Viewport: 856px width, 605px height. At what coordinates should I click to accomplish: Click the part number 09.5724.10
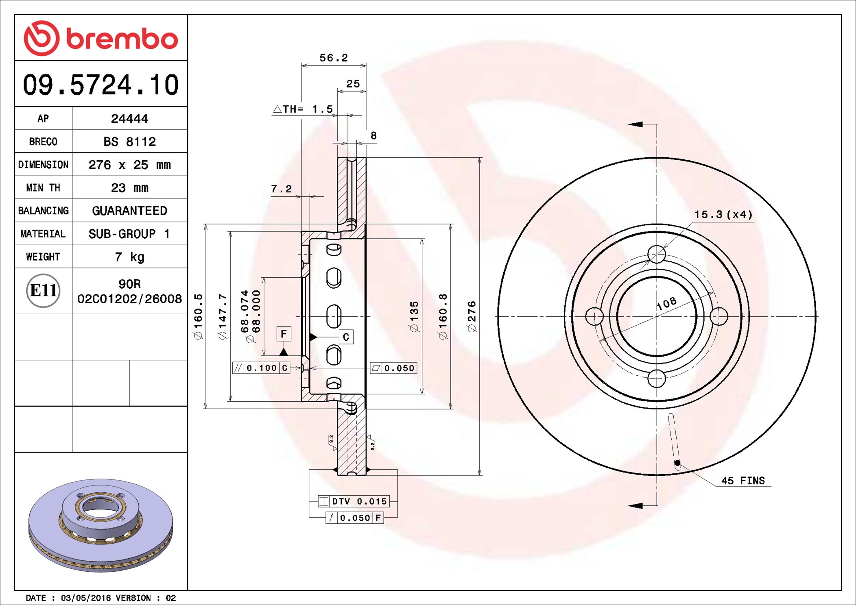100,85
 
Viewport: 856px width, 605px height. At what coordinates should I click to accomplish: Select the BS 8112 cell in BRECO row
129,141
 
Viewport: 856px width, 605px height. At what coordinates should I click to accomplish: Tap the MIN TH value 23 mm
129,187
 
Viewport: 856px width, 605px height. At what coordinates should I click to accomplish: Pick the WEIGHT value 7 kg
129,257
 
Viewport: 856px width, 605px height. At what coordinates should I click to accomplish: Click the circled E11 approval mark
43,290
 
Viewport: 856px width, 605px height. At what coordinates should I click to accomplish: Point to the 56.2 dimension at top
334,58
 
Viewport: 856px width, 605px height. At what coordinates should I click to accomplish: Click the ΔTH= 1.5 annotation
303,109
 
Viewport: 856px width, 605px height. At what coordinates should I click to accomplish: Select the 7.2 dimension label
281,189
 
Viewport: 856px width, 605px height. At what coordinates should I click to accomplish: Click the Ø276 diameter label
472,316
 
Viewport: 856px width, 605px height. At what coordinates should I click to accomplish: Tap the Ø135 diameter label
414,316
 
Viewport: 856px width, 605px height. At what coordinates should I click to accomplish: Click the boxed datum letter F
284,334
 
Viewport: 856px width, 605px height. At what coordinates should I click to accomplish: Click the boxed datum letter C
346,337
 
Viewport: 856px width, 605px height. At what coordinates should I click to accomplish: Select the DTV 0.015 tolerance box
354,501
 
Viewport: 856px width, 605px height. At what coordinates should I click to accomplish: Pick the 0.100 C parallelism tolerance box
261,368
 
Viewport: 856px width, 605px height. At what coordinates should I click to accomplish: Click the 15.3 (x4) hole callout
723,214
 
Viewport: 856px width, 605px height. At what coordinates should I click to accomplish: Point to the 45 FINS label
743,481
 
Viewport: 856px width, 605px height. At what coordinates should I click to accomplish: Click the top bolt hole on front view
656,255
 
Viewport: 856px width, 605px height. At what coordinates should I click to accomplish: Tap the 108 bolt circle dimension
666,303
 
